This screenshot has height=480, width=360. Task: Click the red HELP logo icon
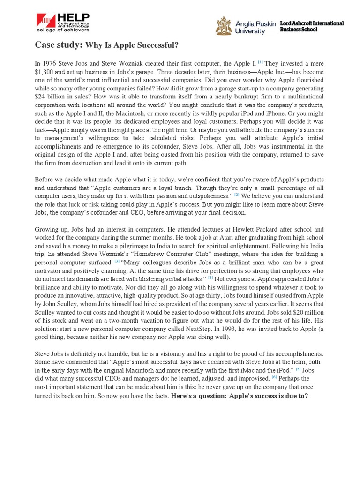[x=46, y=20]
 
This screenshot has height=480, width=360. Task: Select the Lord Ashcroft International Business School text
[x=311, y=26]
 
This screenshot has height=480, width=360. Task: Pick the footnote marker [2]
[x=238, y=195]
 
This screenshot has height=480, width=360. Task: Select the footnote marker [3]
[x=116, y=262]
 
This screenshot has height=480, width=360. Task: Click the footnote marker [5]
[x=298, y=369]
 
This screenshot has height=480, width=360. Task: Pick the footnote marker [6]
[x=275, y=377]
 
